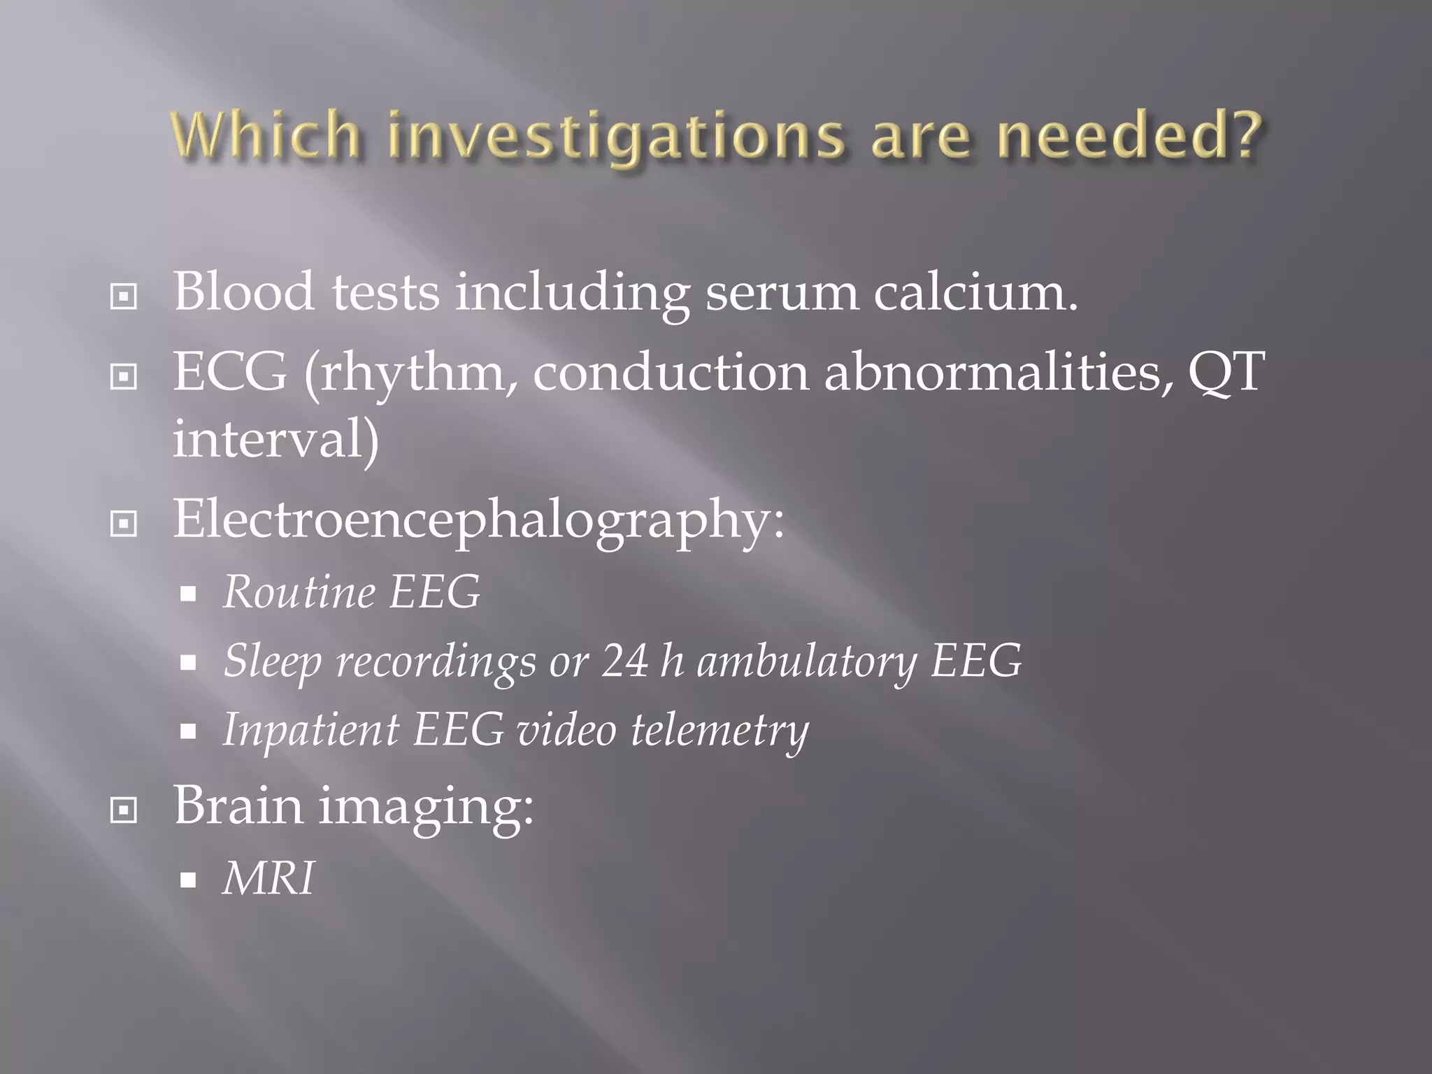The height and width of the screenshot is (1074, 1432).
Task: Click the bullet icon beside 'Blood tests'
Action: coord(124,296)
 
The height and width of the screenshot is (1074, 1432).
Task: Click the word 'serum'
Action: coord(781,294)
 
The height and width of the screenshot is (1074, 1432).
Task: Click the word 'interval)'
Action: coord(276,439)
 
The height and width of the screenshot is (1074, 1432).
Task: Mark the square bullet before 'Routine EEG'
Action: coord(187,595)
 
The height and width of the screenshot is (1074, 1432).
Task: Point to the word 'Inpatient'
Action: coord(310,731)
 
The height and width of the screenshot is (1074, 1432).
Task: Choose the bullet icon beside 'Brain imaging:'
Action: coord(124,810)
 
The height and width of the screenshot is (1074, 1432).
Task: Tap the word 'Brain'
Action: coord(238,805)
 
